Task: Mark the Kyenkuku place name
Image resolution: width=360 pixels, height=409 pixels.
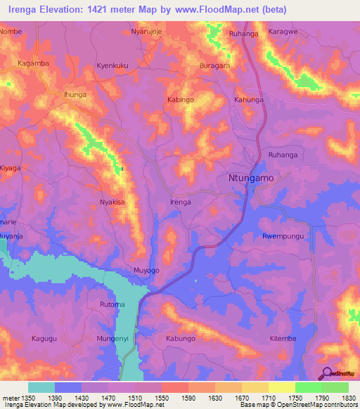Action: point(112,65)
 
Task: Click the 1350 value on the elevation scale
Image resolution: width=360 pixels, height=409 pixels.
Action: point(28,398)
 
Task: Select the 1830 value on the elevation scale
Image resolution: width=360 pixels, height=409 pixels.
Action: point(349,398)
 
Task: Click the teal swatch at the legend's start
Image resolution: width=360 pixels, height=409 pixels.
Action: point(41,387)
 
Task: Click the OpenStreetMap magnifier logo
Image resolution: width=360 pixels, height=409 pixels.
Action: point(326,373)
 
